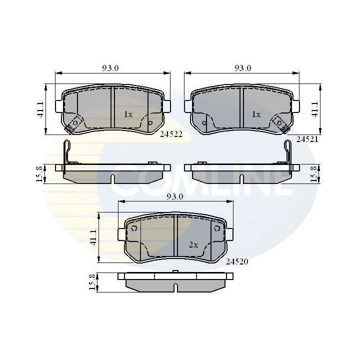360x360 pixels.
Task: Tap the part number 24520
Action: coord(236,261)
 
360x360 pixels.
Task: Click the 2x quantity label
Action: coord(193,245)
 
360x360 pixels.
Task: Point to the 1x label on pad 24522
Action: coord(128,114)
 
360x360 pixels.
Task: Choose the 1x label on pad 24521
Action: coord(256,114)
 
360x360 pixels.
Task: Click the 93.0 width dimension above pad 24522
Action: coord(110,68)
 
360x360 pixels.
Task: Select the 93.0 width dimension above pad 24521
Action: coord(243,68)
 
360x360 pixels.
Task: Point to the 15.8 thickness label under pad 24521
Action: coord(314,173)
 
